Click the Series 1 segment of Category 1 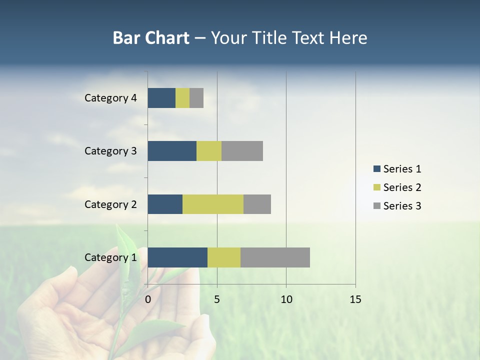177,257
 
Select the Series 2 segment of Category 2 213,204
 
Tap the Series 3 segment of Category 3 242,151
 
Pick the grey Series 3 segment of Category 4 196,98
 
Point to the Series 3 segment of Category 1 275,257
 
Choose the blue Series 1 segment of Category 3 172,151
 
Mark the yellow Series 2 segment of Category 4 182,98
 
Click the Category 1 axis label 110,257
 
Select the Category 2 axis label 110,204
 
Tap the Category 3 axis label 110,151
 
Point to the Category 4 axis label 110,98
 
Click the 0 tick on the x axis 148,299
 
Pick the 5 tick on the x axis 217,299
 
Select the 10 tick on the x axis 286,299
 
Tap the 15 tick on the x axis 355,299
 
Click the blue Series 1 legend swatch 376,169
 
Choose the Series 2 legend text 402,187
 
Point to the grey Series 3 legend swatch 376,206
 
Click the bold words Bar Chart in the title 151,38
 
